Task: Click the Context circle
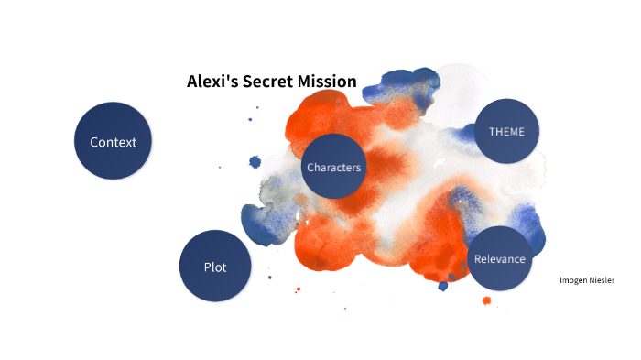pyautogui.click(x=113, y=141)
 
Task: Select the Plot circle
pyautogui.click(x=215, y=267)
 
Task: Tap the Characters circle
pyautogui.click(x=333, y=167)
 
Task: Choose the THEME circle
pyautogui.click(x=506, y=131)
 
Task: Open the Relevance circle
pyautogui.click(x=499, y=258)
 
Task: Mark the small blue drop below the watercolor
pyautogui.click(x=443, y=286)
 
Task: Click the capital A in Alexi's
pyautogui.click(x=192, y=82)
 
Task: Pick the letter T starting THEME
pyautogui.click(x=492, y=131)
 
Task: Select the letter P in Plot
pyautogui.click(x=207, y=267)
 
